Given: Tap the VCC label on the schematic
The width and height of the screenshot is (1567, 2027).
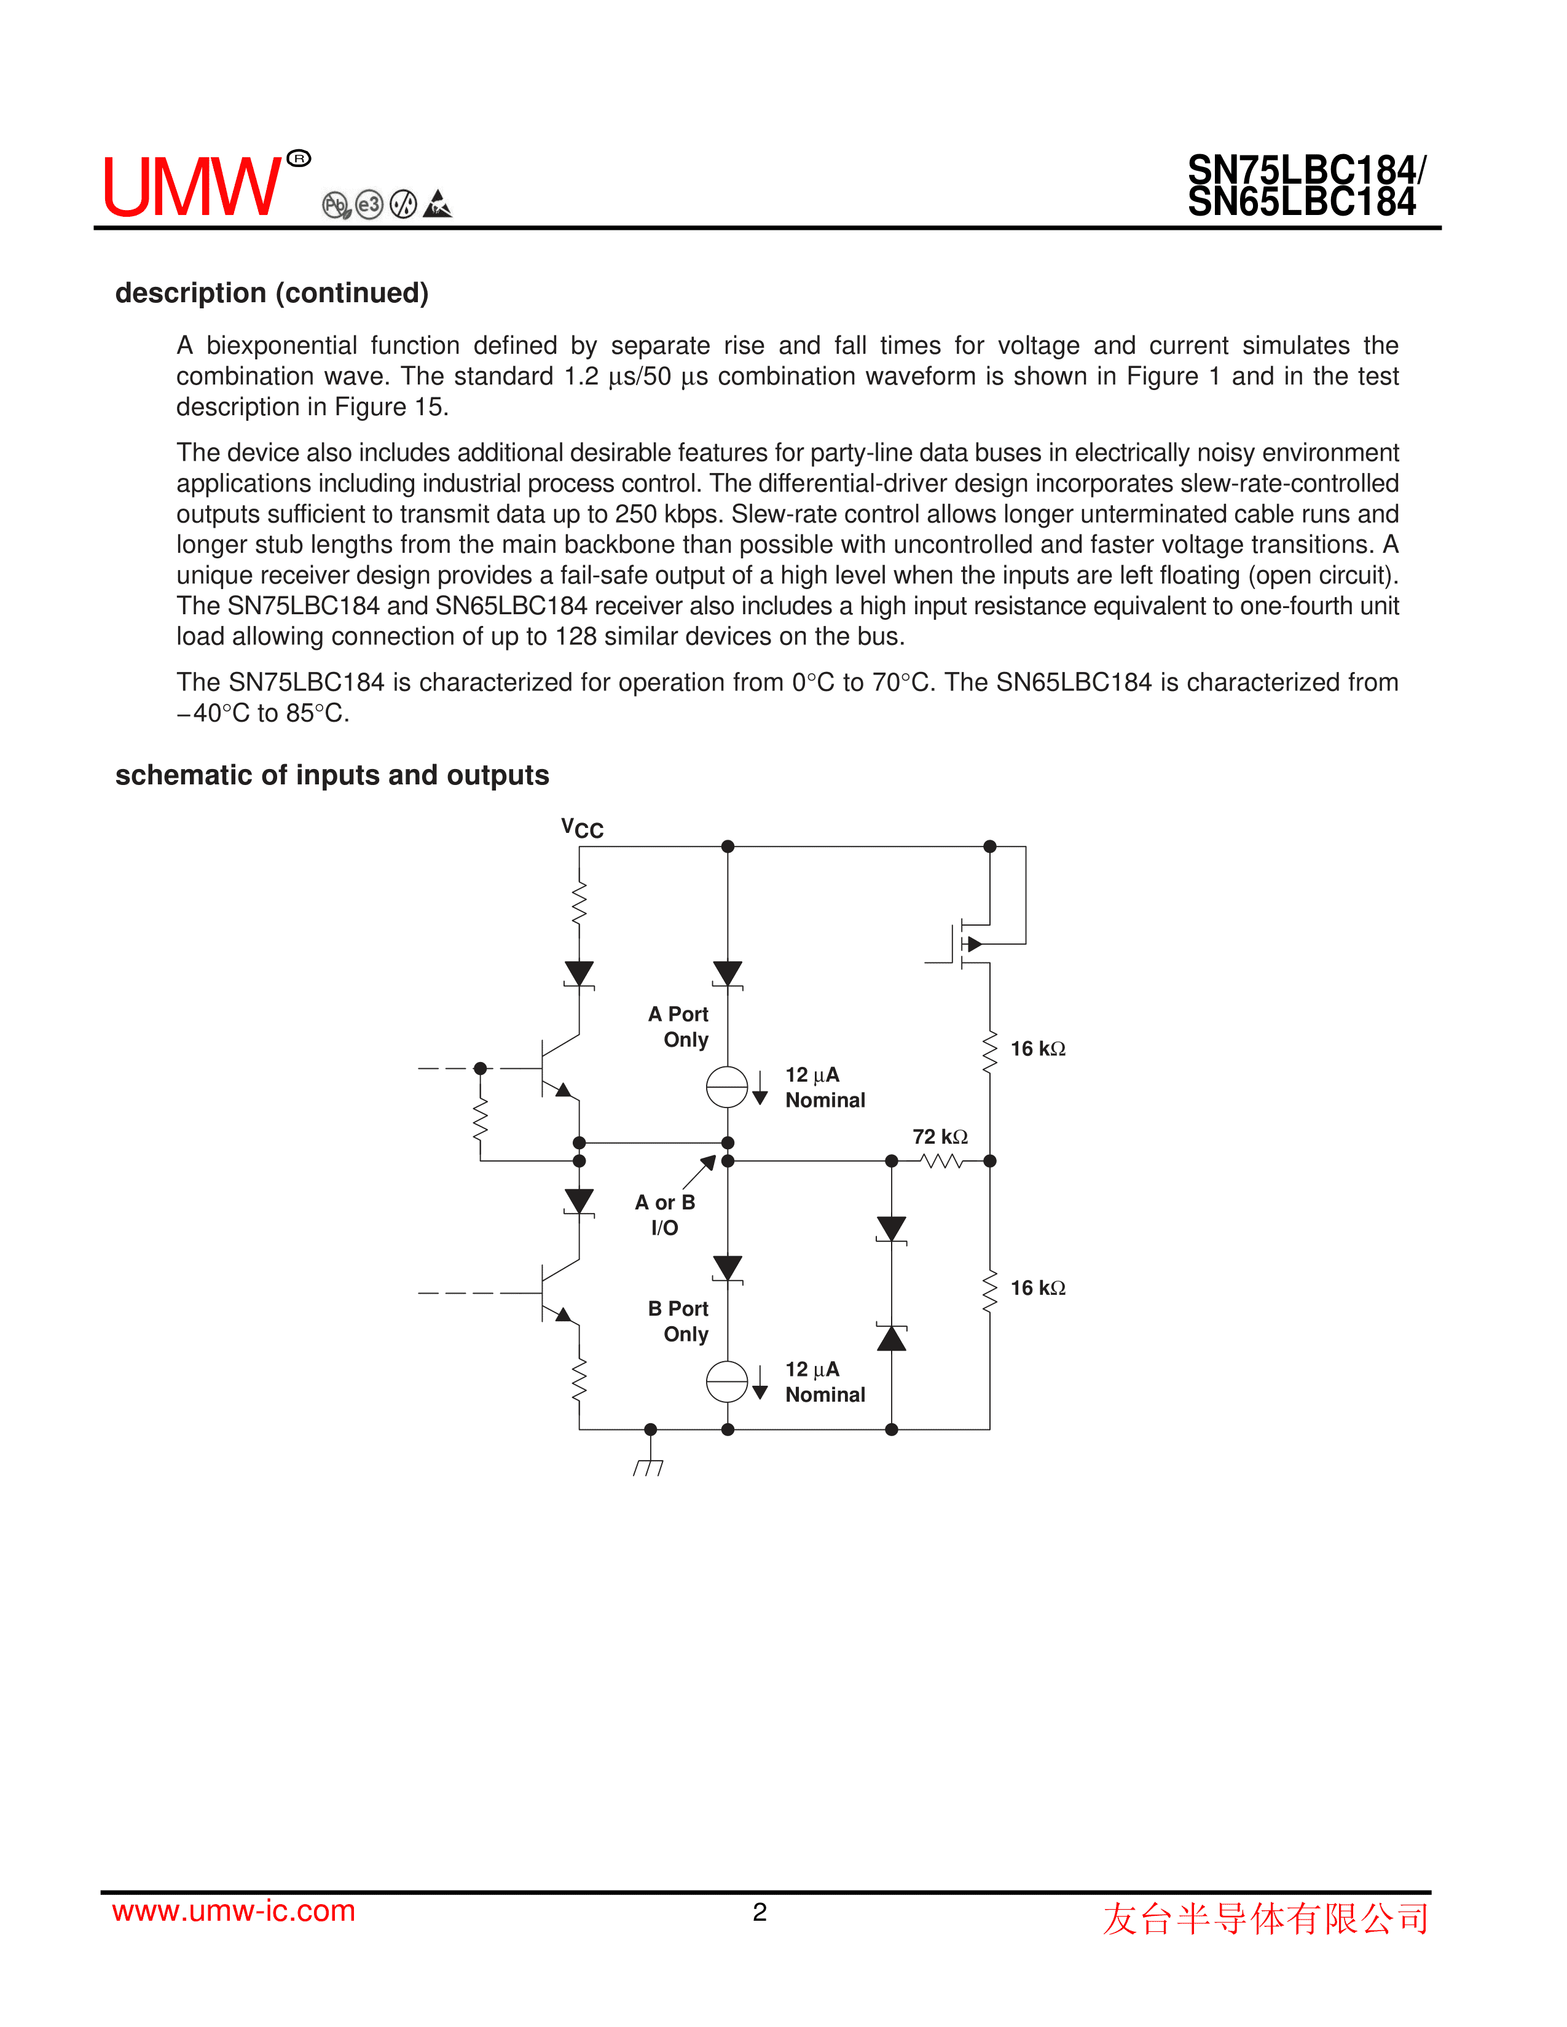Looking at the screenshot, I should click(582, 828).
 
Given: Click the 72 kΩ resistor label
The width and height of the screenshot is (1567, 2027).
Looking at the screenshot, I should click(940, 1137).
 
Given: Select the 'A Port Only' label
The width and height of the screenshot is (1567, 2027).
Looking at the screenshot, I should click(680, 1026).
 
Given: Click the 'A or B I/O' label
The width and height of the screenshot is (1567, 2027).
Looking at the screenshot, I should click(665, 1215).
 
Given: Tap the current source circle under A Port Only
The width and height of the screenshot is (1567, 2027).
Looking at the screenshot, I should click(727, 1087).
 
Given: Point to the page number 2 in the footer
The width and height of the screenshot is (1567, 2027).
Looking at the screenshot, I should click(760, 1912).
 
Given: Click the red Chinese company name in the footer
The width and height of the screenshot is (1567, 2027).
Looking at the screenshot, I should click(1265, 1918).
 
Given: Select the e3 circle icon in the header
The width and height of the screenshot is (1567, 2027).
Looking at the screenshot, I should click(369, 204).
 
